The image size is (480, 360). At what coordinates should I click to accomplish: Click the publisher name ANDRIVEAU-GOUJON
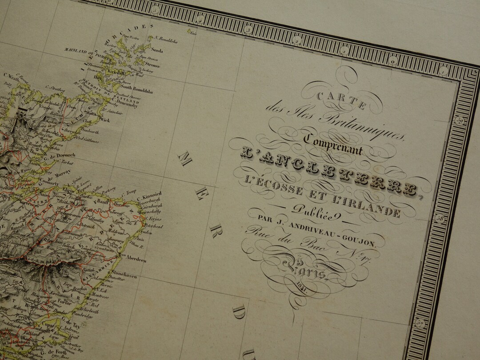coord(333,231)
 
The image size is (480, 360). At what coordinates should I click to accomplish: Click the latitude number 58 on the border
coord(440,218)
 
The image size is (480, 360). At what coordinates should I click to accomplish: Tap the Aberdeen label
coord(136,260)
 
